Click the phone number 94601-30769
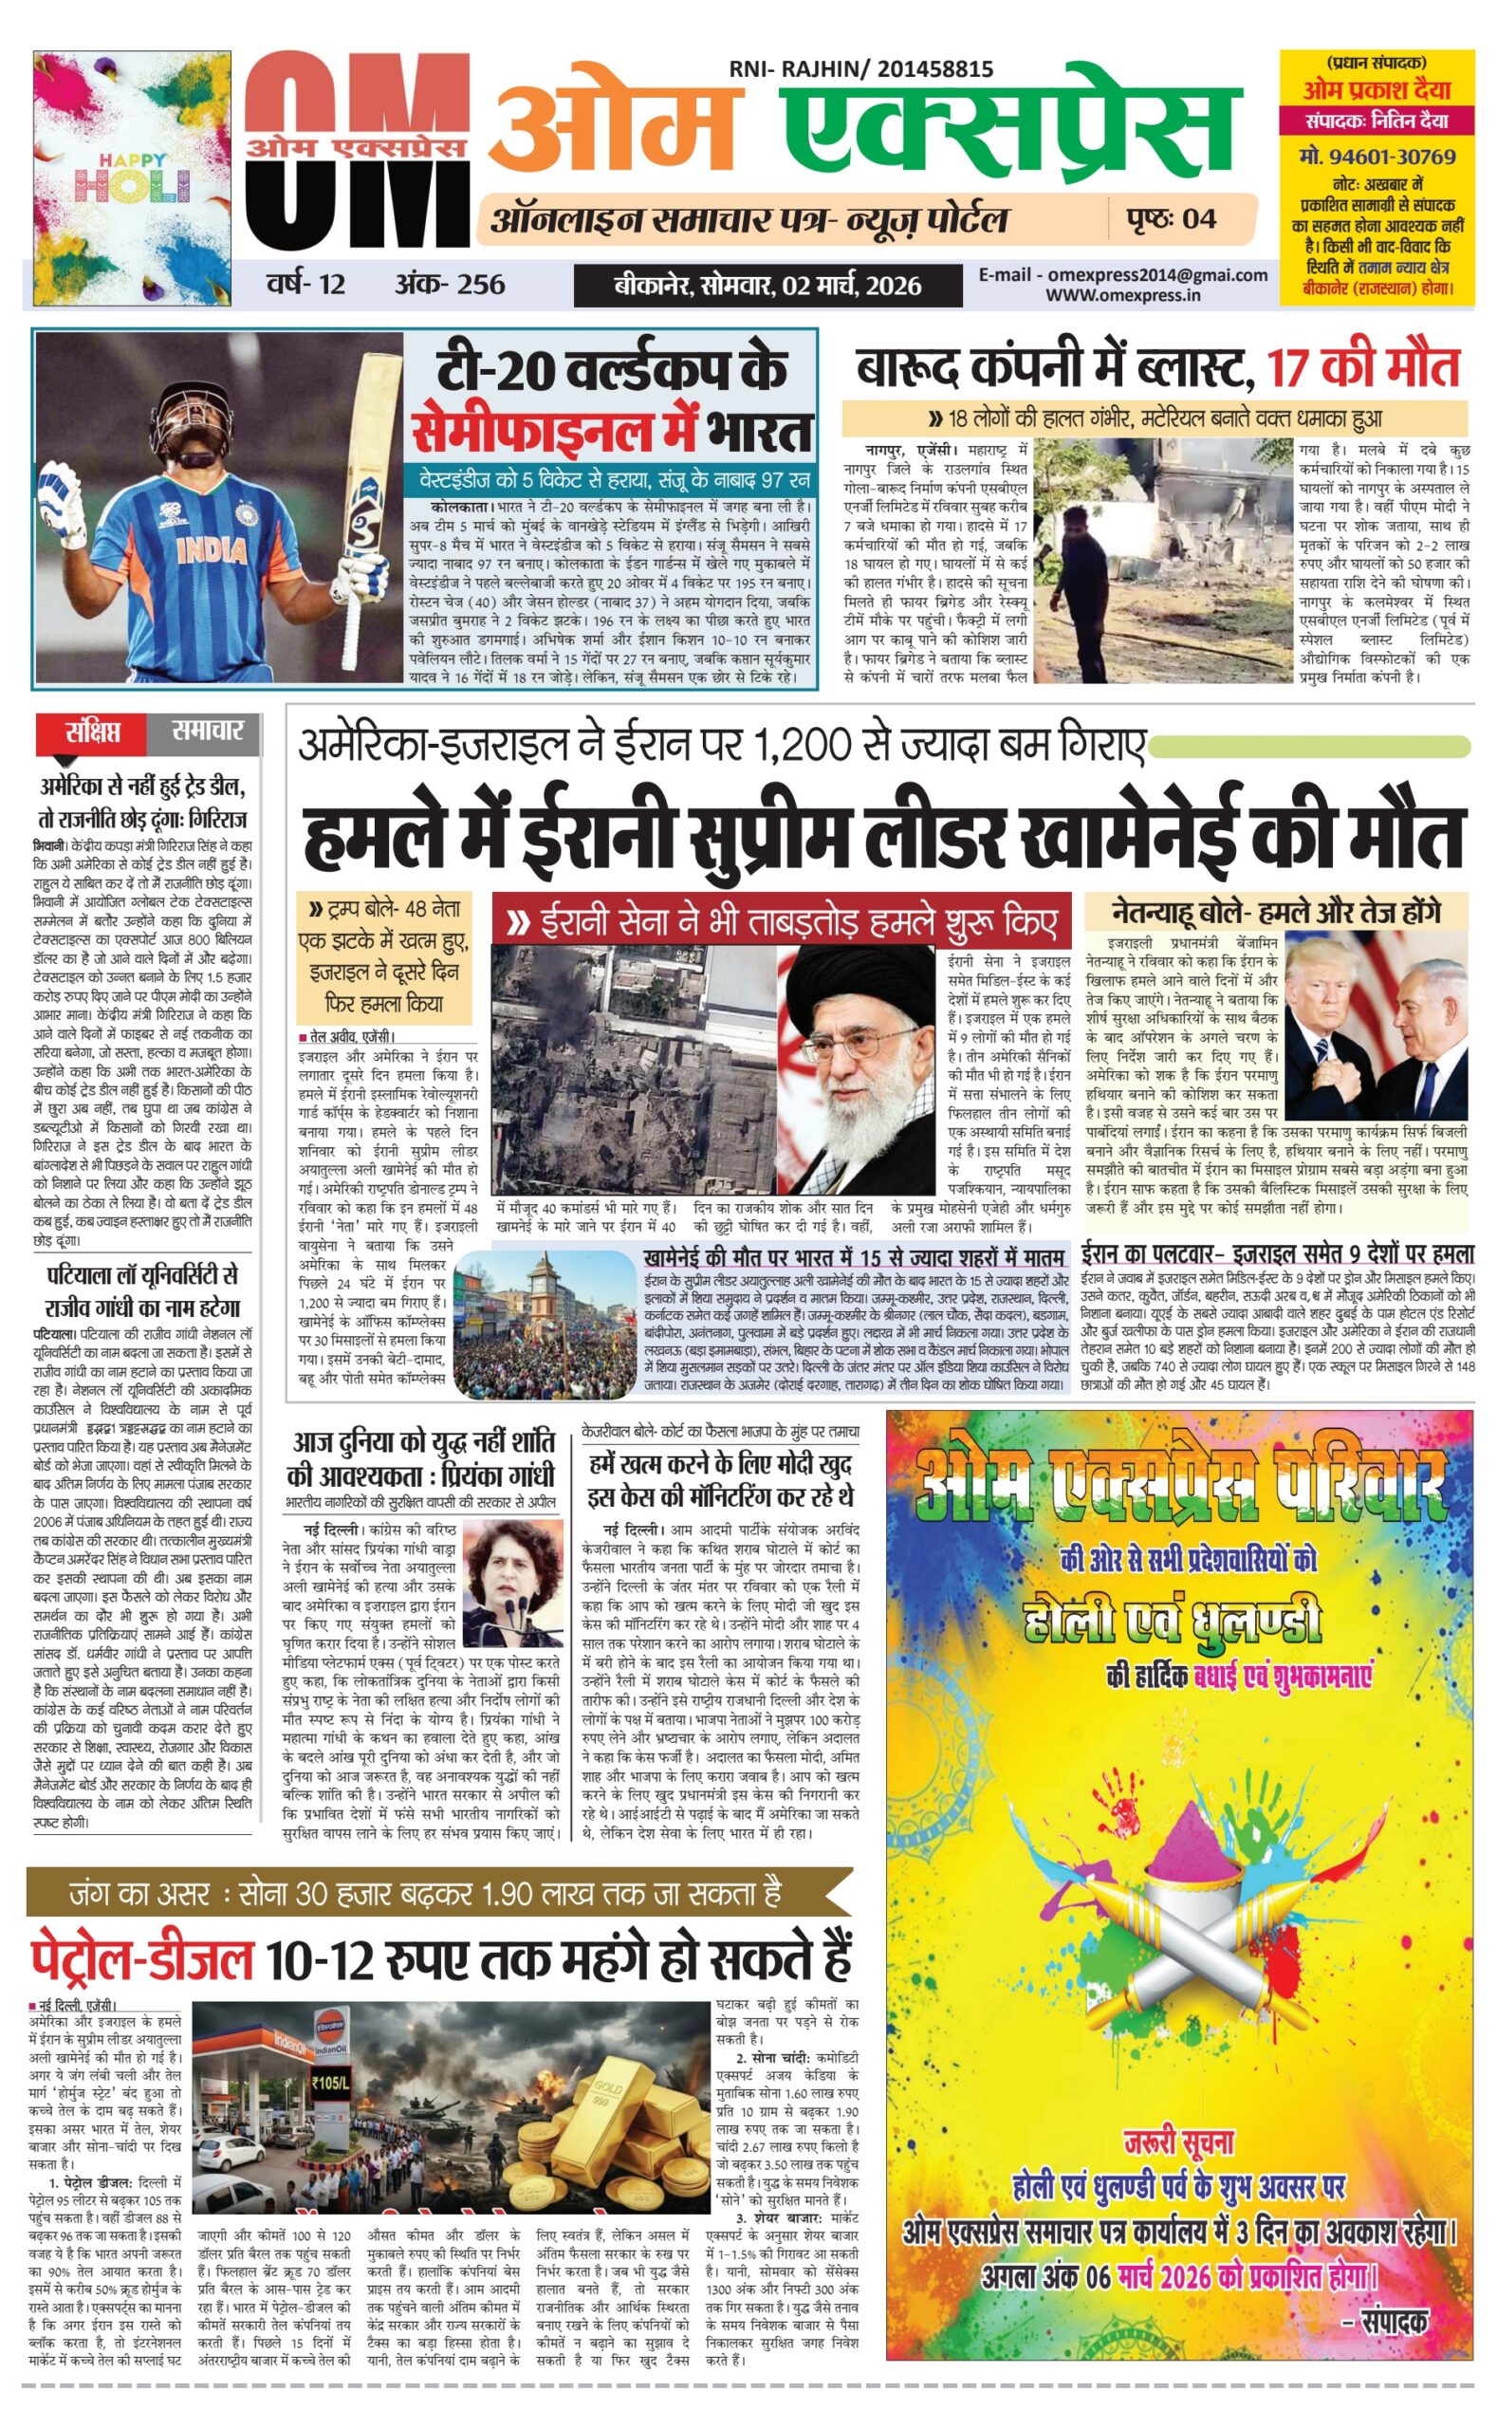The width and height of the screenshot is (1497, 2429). [x=1377, y=157]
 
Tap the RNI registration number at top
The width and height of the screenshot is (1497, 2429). [x=860, y=69]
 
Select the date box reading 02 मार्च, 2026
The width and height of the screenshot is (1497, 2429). [x=767, y=287]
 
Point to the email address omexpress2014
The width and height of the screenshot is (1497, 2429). [x=1123, y=275]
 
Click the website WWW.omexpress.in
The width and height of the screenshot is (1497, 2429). [x=1123, y=295]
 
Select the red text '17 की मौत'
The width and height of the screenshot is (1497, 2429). [x=1363, y=368]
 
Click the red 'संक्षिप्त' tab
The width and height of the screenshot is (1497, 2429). [x=92, y=732]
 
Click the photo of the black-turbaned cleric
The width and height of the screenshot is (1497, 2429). [x=857, y=1068]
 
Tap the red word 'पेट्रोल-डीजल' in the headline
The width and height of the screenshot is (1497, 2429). [x=141, y=1956]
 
